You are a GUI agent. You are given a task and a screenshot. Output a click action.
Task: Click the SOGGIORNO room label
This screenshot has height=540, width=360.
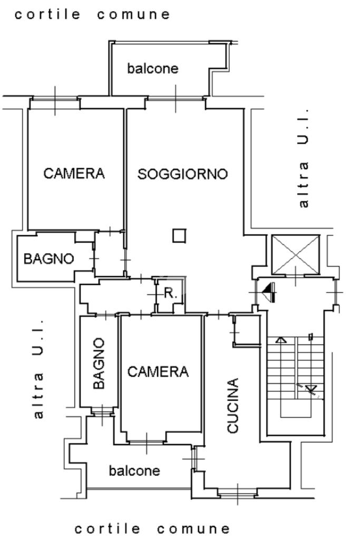click(182, 174)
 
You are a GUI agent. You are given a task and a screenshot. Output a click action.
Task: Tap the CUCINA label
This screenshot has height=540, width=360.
click(233, 406)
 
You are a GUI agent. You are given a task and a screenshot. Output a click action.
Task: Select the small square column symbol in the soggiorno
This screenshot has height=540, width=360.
click(179, 236)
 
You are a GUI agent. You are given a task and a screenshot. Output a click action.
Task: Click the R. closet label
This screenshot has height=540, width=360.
click(171, 293)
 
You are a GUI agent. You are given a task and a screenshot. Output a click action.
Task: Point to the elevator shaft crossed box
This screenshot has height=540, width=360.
click(296, 255)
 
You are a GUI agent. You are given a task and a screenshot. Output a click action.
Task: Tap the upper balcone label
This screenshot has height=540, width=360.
click(153, 68)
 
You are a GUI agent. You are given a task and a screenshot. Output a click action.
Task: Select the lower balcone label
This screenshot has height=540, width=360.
click(134, 470)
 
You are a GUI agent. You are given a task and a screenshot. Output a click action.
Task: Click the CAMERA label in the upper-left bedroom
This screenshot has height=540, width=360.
click(74, 173)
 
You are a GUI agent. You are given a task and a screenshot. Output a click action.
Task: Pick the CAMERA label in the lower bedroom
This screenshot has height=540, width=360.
click(158, 372)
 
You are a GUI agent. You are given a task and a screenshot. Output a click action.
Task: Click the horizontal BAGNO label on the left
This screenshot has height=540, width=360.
click(48, 258)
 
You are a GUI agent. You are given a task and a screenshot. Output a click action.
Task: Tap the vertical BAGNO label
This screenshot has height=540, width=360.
click(99, 363)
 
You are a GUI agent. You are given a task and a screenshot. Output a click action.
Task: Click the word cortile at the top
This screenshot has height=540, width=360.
click(47, 14)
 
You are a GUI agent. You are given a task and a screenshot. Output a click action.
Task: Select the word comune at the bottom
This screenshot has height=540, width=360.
click(193, 528)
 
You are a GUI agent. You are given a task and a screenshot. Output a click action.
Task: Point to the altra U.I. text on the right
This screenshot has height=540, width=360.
click(303, 158)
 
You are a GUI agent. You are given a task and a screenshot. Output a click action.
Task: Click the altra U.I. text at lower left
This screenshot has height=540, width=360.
click(38, 368)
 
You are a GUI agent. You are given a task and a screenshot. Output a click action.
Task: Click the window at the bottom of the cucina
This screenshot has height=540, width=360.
click(238, 494)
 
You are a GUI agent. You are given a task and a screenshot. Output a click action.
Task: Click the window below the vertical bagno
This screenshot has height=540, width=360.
click(102, 411)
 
